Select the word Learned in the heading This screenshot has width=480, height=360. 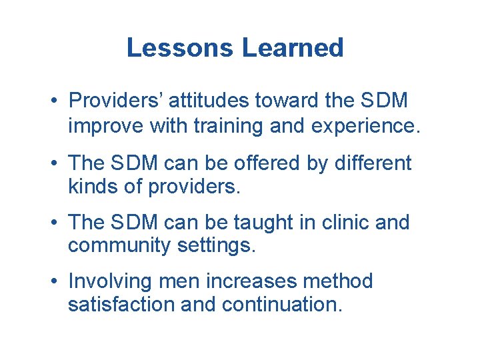click(293, 48)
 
